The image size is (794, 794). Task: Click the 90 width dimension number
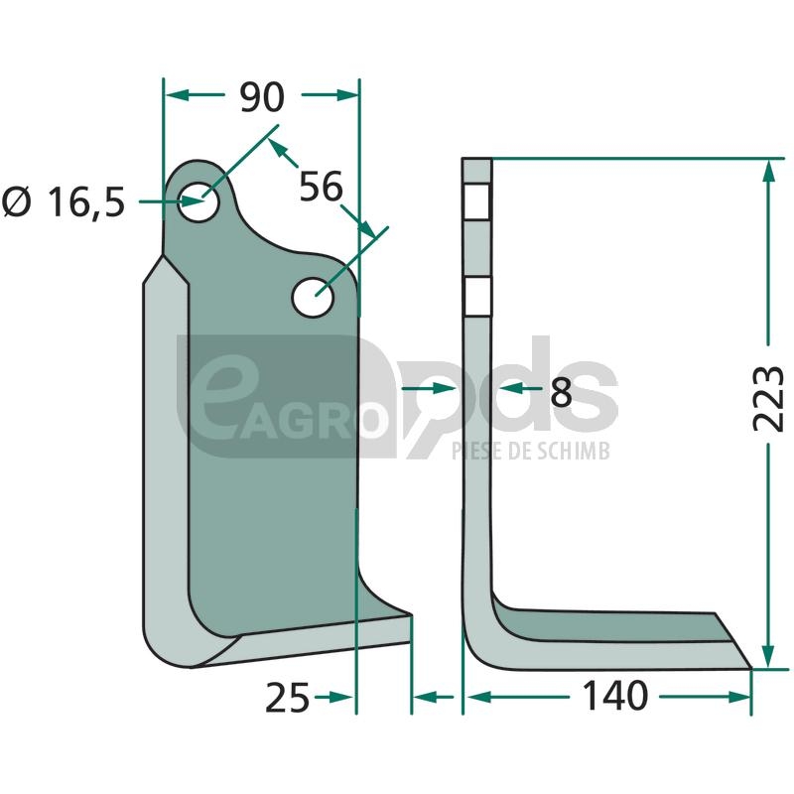[x=262, y=97]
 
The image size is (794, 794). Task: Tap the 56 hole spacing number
[x=321, y=187]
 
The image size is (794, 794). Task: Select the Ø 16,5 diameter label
[x=64, y=202]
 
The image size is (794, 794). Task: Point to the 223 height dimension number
[x=767, y=399]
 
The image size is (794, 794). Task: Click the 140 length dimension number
[x=615, y=697]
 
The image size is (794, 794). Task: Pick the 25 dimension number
[x=287, y=698]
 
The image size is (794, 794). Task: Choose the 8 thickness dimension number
[x=561, y=392]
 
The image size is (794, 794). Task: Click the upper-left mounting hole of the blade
[x=198, y=201]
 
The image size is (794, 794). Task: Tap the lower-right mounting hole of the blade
[x=313, y=297]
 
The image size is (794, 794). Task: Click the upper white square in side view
[x=476, y=202]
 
